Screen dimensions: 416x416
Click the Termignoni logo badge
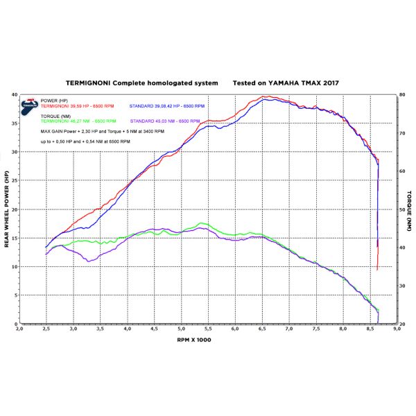pyautogui.click(x=29, y=106)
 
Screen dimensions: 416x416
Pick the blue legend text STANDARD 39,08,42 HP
pyautogui.click(x=167, y=105)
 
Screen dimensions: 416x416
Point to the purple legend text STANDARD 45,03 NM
pyautogui.click(x=166, y=121)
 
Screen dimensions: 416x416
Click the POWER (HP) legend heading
pyautogui.click(x=54, y=101)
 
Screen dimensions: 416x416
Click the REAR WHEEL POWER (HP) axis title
pyautogui.click(x=7, y=209)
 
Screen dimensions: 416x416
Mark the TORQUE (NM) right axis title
pyautogui.click(x=409, y=209)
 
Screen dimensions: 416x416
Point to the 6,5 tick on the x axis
pyautogui.click(x=262, y=330)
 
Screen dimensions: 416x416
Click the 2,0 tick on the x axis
pyautogui.click(x=19, y=330)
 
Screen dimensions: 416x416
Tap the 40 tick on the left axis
pyautogui.click(x=15, y=94)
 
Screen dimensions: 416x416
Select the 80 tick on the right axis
pyautogui.click(x=402, y=94)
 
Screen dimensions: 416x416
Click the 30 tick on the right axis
pyautogui.click(x=402, y=286)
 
